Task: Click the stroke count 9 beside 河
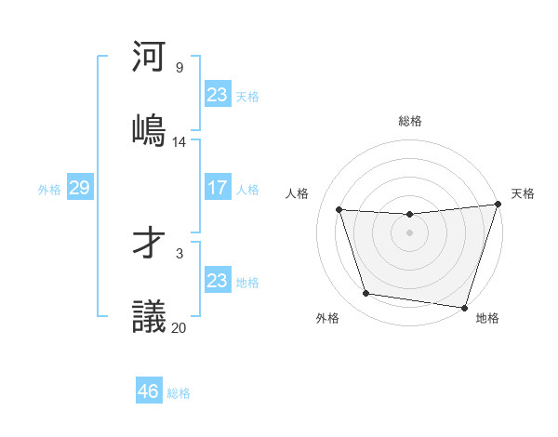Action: coord(179,68)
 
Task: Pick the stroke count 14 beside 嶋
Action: coord(179,142)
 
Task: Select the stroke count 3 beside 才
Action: coord(179,253)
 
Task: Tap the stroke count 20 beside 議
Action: coord(179,327)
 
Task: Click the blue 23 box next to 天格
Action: coord(217,95)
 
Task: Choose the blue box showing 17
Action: coord(217,188)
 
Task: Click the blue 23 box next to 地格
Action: coord(217,281)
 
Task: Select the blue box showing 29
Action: coord(79,188)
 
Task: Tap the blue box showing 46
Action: coord(148,391)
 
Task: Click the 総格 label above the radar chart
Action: coord(410,121)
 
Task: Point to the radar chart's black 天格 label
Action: coord(523,193)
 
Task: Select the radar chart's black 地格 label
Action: coord(487,318)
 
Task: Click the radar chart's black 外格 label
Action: coord(327,318)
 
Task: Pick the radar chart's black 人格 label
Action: coord(298,193)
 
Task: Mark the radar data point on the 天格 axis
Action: coord(498,205)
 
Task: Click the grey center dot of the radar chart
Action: coord(409,232)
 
